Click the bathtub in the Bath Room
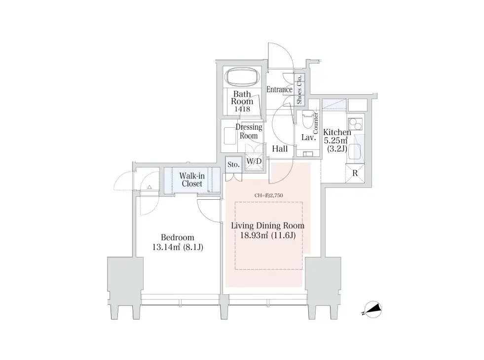tap(242, 76)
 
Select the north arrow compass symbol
tap(372, 309)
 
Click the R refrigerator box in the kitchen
tap(355, 174)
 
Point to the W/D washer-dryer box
tap(254, 161)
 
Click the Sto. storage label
tap(233, 165)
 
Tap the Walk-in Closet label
tap(192, 180)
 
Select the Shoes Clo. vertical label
tap(299, 89)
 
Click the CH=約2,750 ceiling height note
tap(268, 195)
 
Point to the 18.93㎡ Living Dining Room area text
tap(268, 236)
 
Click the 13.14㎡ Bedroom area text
tap(178, 247)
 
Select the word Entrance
tap(279, 89)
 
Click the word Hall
tap(280, 149)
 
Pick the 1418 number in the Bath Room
tap(242, 109)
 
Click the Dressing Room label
tap(249, 131)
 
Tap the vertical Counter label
tap(316, 123)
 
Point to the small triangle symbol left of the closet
tap(149, 187)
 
